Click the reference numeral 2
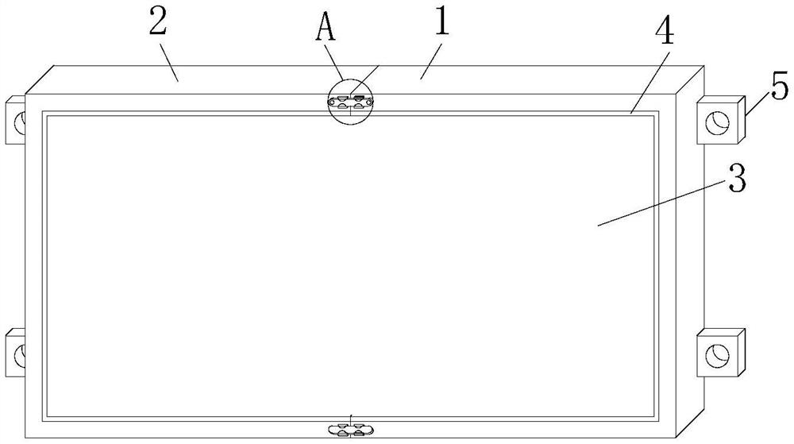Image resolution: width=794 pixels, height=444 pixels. click(x=157, y=24)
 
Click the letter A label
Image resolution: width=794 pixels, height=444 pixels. click(x=325, y=27)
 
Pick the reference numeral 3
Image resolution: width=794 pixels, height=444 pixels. click(x=736, y=181)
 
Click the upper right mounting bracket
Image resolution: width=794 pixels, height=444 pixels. click(x=721, y=121)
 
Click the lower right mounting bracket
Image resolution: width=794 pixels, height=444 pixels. click(x=721, y=352)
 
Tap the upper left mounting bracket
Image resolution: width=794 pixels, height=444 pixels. click(x=16, y=122)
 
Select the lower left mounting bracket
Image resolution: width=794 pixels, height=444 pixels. click(x=16, y=352)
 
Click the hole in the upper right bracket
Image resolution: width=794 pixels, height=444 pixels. click(x=718, y=123)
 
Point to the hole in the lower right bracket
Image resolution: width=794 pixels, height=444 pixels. click(x=718, y=353)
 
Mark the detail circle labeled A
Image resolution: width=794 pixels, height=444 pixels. click(x=350, y=101)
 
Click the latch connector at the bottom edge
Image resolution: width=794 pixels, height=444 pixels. click(x=350, y=429)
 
